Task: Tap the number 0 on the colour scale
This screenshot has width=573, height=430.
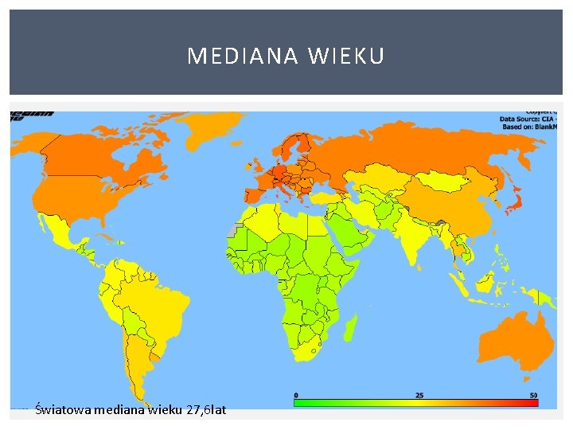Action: (x=296, y=395)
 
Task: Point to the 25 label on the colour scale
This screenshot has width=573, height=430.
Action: (x=419, y=395)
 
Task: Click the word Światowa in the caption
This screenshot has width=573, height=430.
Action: (x=63, y=410)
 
